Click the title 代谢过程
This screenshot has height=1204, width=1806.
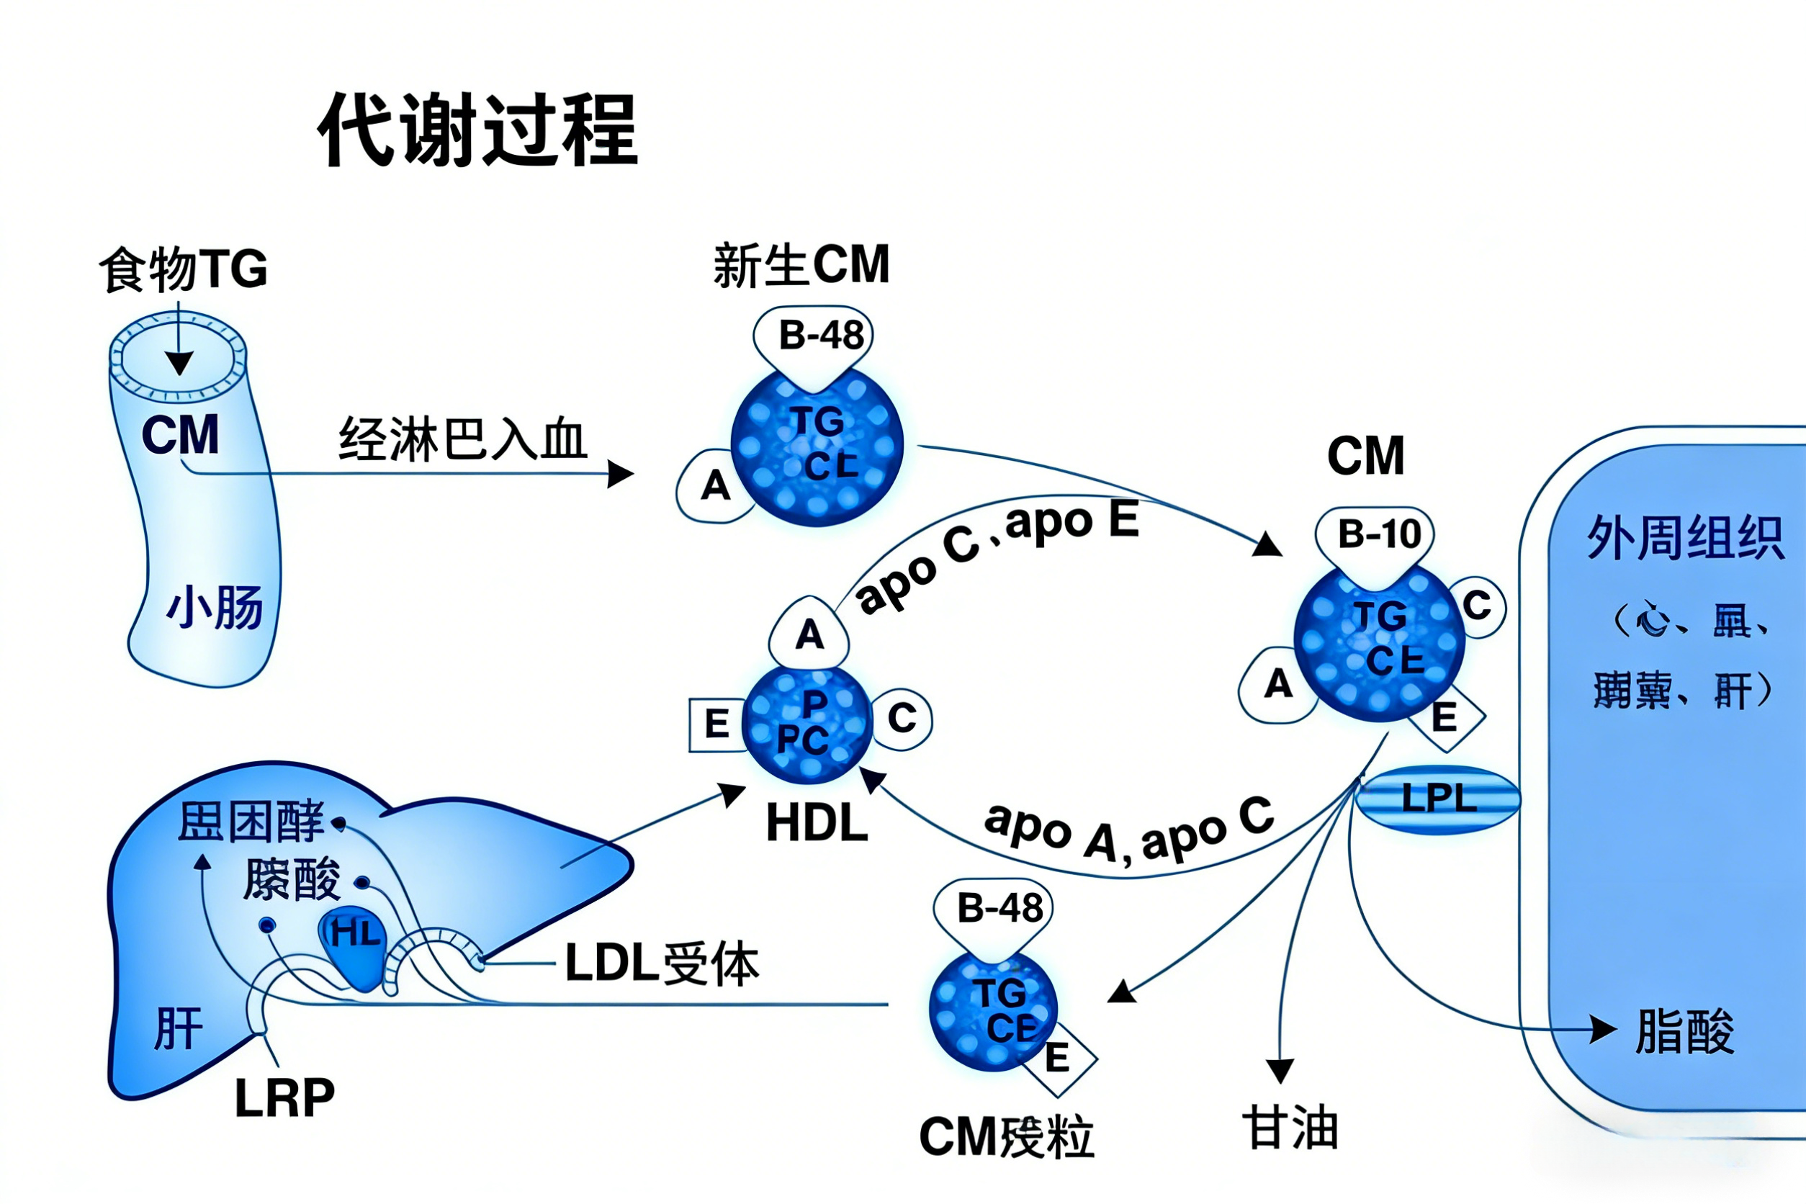[477, 129]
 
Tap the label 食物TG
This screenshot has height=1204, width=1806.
[184, 269]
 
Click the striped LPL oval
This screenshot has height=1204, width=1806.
[1437, 799]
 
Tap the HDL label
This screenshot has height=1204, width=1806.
[817, 823]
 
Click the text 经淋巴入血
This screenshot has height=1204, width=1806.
[462, 440]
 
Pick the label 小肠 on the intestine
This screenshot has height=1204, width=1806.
[215, 607]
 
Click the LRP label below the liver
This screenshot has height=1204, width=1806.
[284, 1098]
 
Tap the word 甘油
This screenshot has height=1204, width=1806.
[1290, 1128]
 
